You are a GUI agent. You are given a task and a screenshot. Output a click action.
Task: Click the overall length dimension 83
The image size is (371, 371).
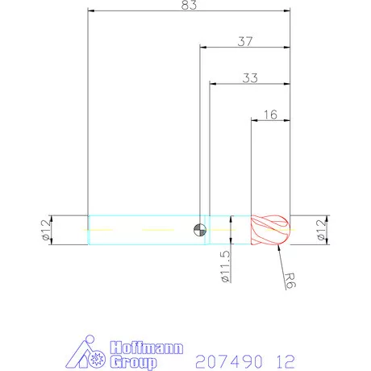pyautogui.click(x=189, y=5)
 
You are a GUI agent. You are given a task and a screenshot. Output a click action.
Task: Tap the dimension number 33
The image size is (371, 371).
pyautogui.click(x=249, y=78)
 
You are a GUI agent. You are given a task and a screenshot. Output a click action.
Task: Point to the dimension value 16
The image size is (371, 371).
pyautogui.click(x=270, y=115)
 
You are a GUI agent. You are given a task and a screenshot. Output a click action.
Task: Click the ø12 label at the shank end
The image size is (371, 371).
pyautogui.click(x=45, y=230)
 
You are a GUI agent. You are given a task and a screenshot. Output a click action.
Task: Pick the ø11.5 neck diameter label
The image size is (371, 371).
pyautogui.click(x=226, y=265)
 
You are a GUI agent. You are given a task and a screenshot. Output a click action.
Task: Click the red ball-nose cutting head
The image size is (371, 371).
pyautogui.click(x=269, y=229)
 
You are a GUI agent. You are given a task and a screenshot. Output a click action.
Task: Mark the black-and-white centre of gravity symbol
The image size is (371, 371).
pyautogui.click(x=200, y=230)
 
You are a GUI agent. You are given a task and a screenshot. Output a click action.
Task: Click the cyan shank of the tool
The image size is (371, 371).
pyautogui.click(x=141, y=230)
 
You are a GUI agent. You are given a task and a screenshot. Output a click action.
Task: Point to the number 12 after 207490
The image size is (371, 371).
pyautogui.click(x=285, y=360)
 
